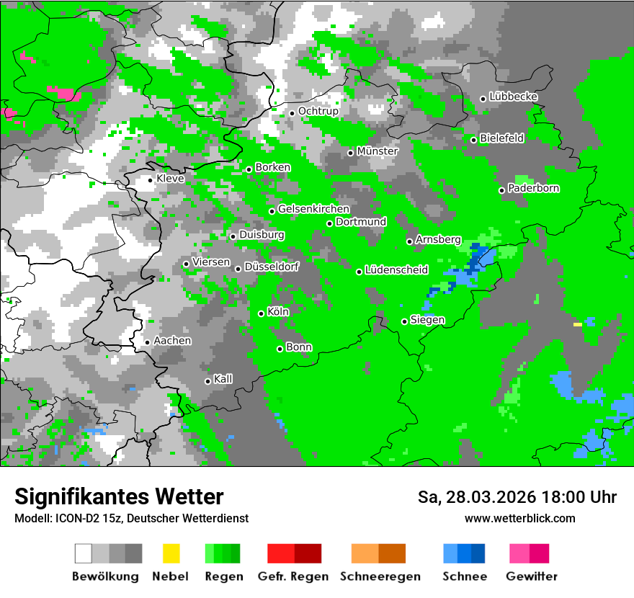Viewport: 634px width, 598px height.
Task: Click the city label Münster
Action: point(378,151)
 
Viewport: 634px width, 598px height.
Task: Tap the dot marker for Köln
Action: point(261,313)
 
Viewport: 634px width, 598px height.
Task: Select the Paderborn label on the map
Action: point(533,189)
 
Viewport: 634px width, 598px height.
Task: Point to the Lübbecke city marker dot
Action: point(483,99)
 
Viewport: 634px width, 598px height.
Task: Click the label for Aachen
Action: point(172,341)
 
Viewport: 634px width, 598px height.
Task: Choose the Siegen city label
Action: point(427,320)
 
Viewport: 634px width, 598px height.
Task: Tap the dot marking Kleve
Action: point(150,179)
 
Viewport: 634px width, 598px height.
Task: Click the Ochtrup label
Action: point(318,112)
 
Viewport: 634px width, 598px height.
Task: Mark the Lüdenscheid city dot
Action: point(359,272)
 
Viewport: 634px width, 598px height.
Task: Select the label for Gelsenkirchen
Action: point(313,210)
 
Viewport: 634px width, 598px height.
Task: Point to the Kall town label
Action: point(223,379)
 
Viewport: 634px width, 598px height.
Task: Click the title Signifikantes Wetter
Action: point(119,496)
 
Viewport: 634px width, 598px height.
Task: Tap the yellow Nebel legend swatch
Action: point(171,553)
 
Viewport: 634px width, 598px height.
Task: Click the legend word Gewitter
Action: point(532,576)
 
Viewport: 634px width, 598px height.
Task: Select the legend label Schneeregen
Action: point(380,576)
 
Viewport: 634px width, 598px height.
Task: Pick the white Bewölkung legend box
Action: point(84,553)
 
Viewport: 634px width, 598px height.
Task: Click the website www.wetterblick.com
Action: point(519,518)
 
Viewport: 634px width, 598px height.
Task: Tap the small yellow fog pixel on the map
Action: point(577,325)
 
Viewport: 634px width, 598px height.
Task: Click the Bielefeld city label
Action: point(501,138)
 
